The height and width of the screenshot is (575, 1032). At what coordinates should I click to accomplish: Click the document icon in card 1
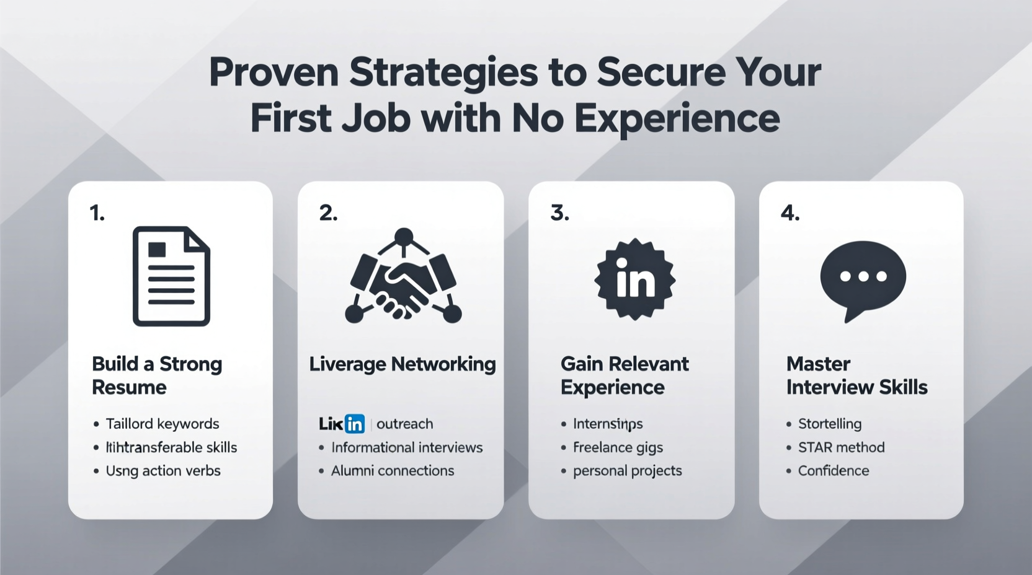(171, 276)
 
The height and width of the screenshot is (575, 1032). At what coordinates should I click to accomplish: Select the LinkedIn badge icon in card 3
(634, 279)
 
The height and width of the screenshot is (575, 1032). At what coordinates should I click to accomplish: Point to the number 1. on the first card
(97, 213)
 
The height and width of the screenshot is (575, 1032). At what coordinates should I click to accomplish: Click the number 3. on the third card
(559, 213)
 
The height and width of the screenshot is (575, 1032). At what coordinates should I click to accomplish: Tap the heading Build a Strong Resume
(156, 375)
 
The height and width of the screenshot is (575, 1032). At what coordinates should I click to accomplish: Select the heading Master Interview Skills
(856, 375)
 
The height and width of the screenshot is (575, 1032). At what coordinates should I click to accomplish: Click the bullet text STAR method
(841, 447)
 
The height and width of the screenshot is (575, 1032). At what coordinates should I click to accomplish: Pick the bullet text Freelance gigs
(618, 447)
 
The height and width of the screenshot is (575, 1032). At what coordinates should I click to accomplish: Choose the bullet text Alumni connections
(392, 471)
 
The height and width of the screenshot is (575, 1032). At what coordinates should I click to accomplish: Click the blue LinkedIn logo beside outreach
(354, 424)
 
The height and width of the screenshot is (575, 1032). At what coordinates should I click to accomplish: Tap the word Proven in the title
(274, 72)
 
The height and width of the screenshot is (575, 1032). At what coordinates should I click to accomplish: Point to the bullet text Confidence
(833, 471)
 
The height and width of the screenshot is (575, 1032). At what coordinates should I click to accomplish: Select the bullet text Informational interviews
(406, 447)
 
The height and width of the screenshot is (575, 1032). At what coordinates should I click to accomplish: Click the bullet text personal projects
(627, 471)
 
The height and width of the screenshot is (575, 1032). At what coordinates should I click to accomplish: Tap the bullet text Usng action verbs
(163, 471)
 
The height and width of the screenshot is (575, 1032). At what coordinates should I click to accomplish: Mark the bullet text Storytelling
(829, 424)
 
